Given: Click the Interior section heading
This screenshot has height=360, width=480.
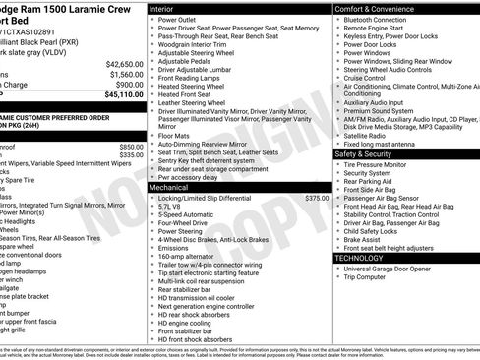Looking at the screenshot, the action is click(x=168, y=8).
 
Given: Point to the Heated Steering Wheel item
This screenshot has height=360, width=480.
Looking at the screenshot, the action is click(x=198, y=86).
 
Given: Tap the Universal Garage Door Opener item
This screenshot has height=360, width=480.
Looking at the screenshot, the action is click(x=398, y=269).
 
